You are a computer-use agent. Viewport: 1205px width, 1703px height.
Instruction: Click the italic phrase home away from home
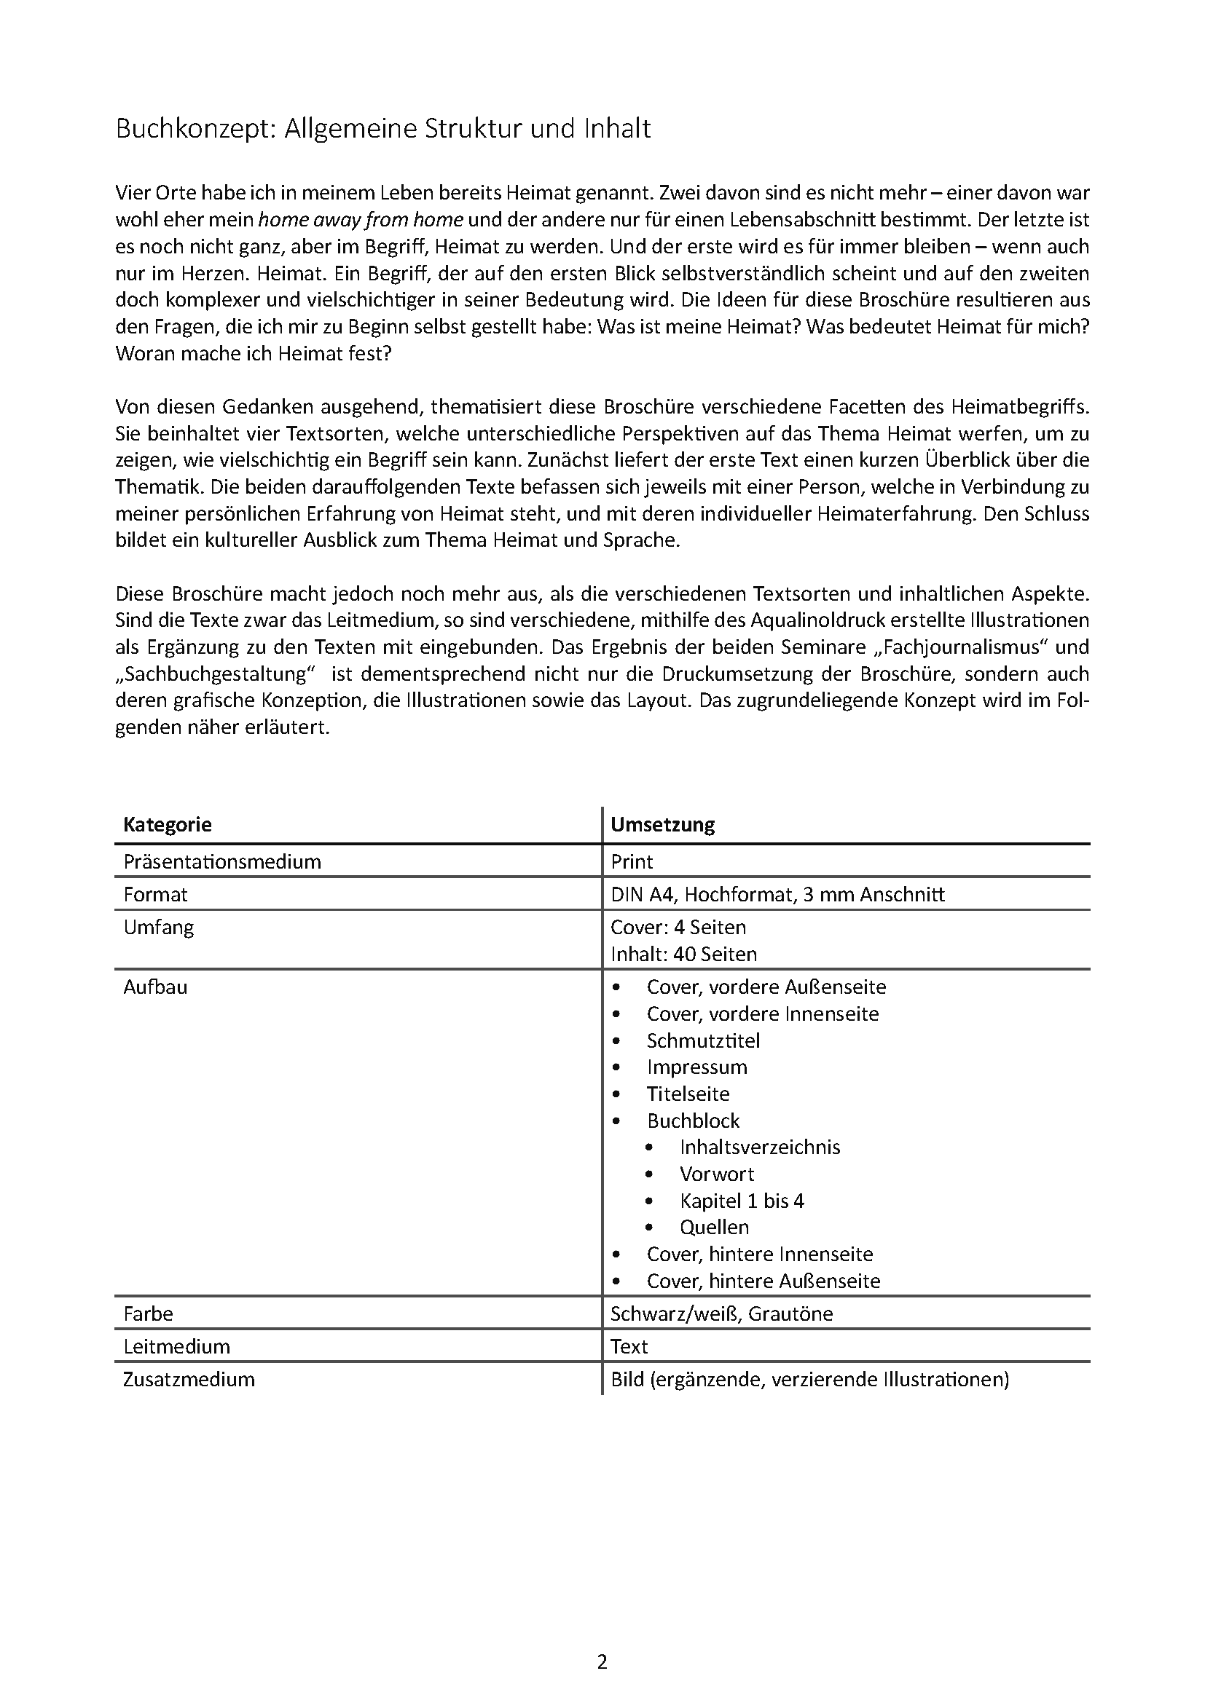pos(361,220)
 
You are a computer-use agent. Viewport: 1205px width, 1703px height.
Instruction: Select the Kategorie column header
pos(168,824)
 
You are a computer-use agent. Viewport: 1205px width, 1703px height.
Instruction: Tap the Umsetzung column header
pos(662,824)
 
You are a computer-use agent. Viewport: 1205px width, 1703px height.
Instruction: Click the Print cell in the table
pos(632,861)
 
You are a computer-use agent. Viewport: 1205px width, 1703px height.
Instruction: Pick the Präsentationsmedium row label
pos(222,861)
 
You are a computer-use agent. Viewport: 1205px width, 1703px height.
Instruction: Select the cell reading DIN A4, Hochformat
pos(777,894)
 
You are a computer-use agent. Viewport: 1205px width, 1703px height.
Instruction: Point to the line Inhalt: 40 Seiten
pos(683,954)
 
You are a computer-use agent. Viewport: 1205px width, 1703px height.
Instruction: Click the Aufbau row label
pos(155,987)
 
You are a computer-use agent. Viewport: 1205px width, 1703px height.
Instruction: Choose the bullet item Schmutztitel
pos(702,1040)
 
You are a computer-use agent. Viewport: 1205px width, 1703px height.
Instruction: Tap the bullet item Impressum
pos(696,1067)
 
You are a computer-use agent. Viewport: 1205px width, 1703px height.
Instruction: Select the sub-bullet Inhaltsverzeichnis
pos(760,1147)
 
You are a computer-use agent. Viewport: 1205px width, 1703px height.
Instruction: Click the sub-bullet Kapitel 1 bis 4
pos(741,1200)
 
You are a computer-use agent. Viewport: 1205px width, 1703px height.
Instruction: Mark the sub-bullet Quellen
pos(714,1227)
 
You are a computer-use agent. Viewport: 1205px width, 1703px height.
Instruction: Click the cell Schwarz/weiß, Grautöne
pos(721,1313)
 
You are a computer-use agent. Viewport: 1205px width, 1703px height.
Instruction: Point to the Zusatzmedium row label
pos(189,1379)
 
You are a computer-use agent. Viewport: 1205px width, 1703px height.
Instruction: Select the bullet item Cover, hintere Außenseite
pos(763,1280)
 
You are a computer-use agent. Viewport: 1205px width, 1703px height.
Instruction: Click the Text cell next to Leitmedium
pos(629,1346)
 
